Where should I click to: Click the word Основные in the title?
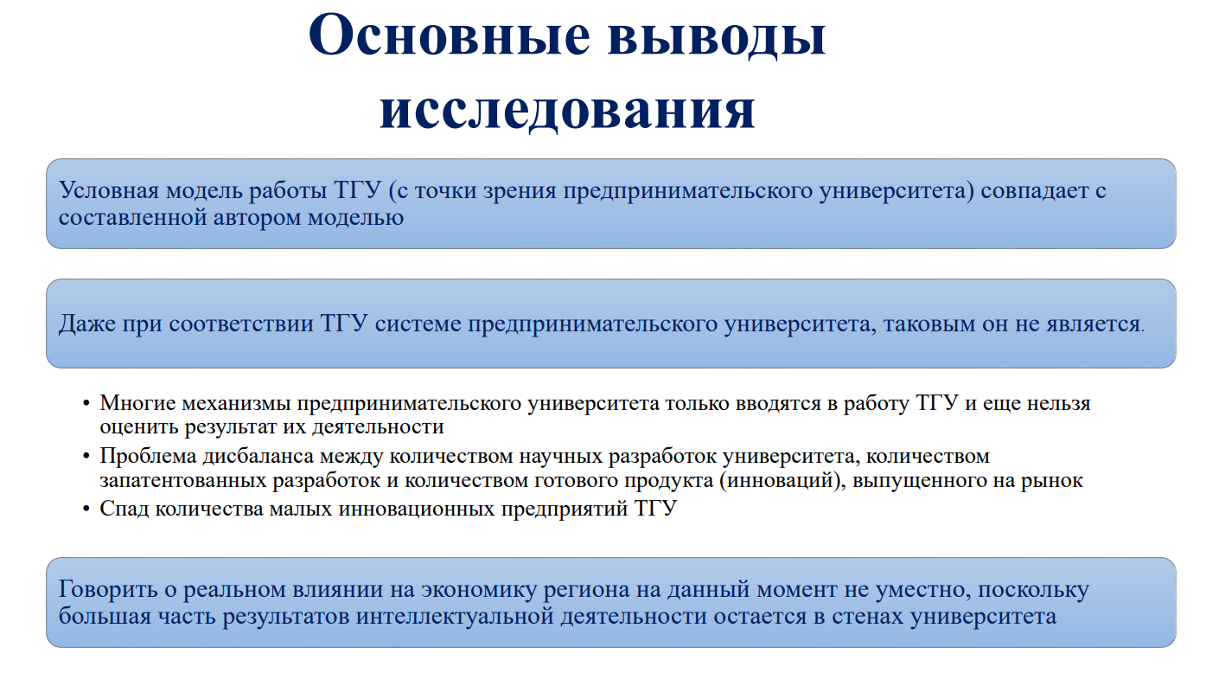tap(450, 35)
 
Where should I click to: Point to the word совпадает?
tap(1035, 191)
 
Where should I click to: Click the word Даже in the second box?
tap(87, 324)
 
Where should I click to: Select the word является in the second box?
tap(1094, 324)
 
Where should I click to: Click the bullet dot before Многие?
tap(86, 404)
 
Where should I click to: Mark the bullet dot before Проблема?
tap(86, 456)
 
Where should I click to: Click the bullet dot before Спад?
tap(86, 509)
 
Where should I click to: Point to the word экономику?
tap(479, 590)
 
